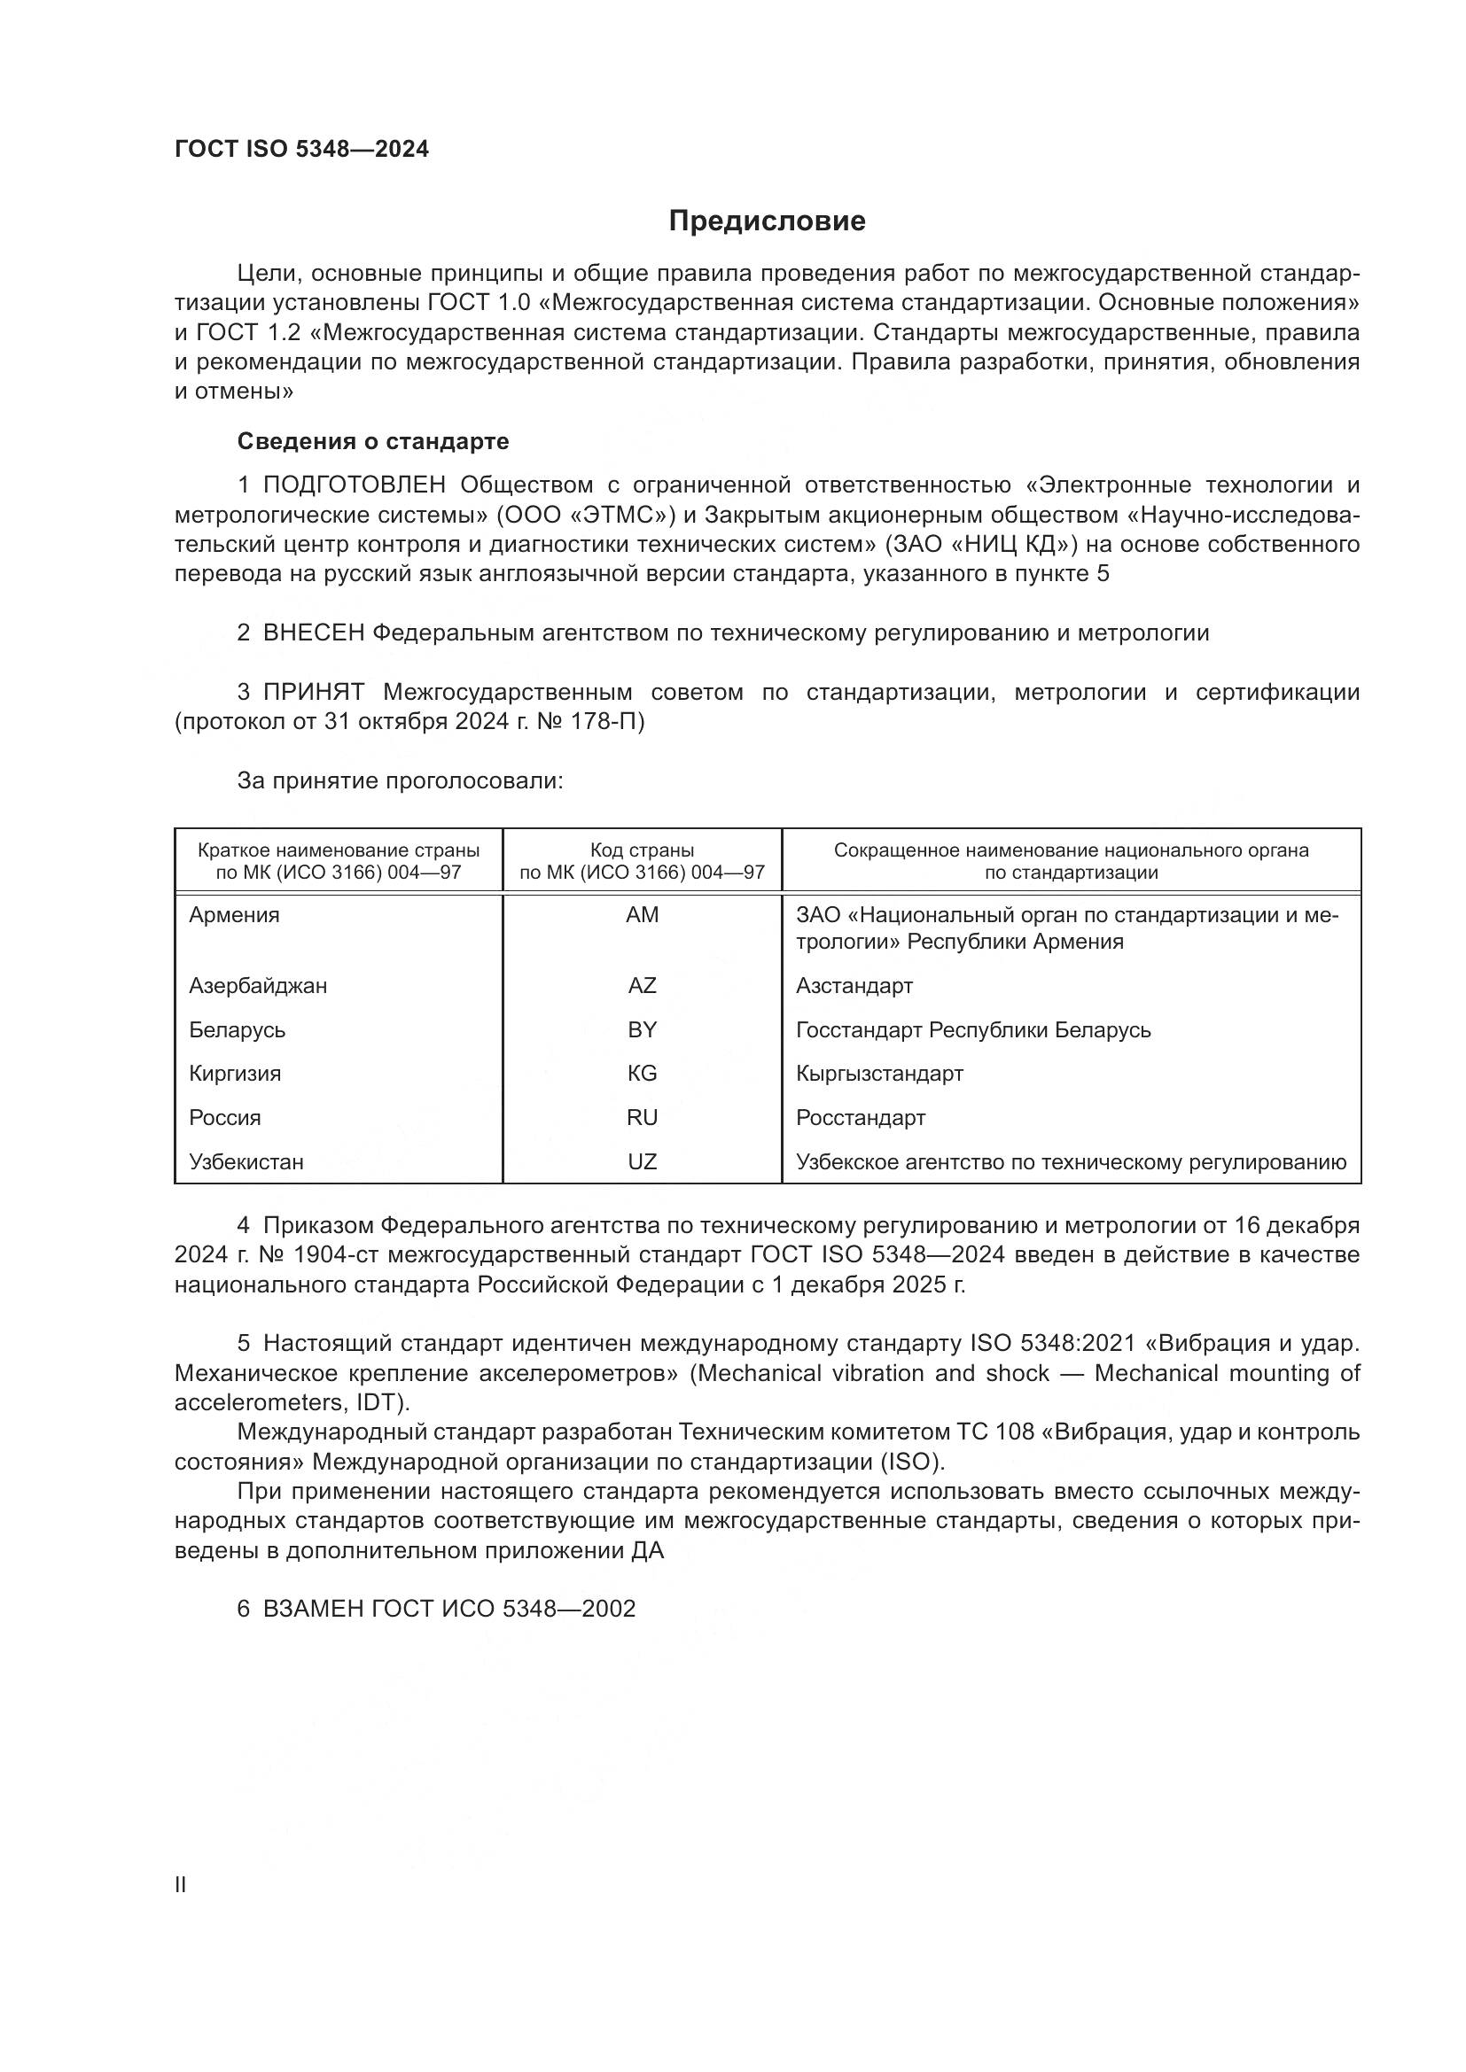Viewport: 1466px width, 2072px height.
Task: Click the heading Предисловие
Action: tap(767, 221)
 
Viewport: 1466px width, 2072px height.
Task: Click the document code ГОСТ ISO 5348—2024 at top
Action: tap(301, 150)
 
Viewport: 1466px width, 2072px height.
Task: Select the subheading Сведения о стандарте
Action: tap(373, 441)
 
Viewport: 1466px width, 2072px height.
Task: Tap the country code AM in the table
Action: tap(642, 915)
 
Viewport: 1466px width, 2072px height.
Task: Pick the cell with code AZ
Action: tap(642, 985)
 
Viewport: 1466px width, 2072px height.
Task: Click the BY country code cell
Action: tap(642, 1029)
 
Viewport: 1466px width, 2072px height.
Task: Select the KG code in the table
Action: tap(642, 1074)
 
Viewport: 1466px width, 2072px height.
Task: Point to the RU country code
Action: tap(642, 1118)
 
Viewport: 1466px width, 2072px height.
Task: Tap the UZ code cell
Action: tap(642, 1162)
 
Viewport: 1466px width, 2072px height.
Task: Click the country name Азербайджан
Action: tap(258, 985)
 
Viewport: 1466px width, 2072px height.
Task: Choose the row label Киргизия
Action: tap(235, 1074)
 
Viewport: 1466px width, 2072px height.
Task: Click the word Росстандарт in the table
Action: tap(861, 1118)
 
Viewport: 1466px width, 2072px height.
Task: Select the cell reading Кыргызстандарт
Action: tap(879, 1074)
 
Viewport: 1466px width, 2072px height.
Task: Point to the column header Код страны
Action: tap(642, 850)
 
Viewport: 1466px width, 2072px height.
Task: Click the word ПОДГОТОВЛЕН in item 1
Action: tap(354, 485)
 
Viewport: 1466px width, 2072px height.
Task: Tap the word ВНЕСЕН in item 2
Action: tap(313, 633)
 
